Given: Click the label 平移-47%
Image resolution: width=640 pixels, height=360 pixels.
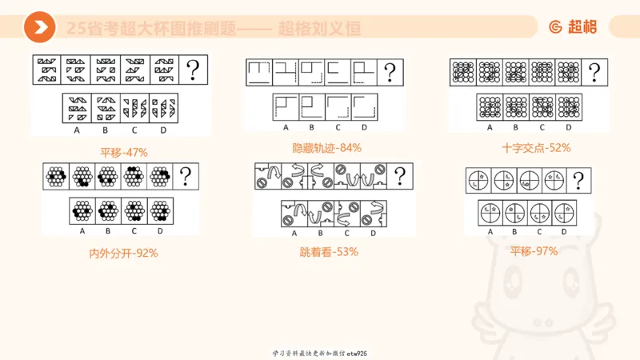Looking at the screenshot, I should pyautogui.click(x=124, y=152).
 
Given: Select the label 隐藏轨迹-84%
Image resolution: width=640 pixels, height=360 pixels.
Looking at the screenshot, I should pyautogui.click(x=326, y=147).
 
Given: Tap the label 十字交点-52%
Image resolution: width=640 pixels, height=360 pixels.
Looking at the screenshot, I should pyautogui.click(x=525, y=147).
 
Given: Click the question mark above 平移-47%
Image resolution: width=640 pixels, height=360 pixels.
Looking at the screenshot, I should pyautogui.click(x=193, y=70).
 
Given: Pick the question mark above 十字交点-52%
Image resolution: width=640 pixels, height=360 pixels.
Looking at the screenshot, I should pyautogui.click(x=593, y=74).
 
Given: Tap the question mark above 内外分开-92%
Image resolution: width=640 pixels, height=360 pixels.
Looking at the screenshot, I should pyautogui.click(x=186, y=176).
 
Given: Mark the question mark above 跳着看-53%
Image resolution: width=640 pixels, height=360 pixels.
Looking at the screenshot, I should pyautogui.click(x=399, y=176).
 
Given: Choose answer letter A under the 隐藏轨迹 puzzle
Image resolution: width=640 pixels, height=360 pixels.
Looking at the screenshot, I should pyautogui.click(x=286, y=127).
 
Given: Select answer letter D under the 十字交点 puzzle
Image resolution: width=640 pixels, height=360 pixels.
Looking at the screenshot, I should pyautogui.click(x=569, y=127).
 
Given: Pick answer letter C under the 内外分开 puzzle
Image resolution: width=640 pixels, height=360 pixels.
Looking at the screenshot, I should pyautogui.click(x=134, y=231).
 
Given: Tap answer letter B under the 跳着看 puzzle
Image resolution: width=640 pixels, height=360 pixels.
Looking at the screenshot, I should pyautogui.click(x=320, y=234).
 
